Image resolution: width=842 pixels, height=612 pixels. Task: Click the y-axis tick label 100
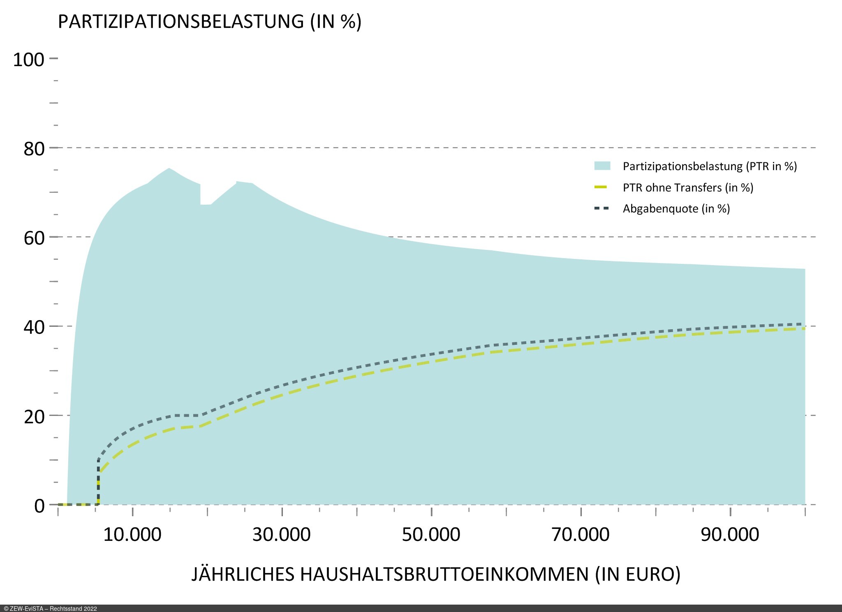pos(28,60)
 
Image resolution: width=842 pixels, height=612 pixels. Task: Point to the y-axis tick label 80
pos(34,149)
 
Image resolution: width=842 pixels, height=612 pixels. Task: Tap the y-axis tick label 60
pos(34,238)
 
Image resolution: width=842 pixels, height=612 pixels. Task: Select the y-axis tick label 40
pos(34,327)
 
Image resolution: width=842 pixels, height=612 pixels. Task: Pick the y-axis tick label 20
pos(34,417)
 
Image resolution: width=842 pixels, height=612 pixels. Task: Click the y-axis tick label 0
pos(39,506)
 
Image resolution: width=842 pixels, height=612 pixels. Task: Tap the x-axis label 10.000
pos(132,534)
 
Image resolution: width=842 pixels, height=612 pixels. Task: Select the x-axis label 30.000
pos(282,534)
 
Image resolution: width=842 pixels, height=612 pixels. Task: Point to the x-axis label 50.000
pos(431,534)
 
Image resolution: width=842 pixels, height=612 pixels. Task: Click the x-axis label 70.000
pos(581,534)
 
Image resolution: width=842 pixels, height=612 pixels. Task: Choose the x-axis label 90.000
pos(730,534)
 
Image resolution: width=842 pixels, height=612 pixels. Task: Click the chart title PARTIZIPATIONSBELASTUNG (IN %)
pos(210,21)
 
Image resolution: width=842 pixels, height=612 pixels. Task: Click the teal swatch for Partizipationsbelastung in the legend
pos(602,166)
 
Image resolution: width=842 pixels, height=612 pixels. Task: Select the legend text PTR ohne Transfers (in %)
pos(688,188)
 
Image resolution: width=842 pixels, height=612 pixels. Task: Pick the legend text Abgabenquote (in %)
pos(676,209)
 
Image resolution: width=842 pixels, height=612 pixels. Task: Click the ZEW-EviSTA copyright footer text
pos(50,609)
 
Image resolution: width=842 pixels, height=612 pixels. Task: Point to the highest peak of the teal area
pos(169,168)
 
